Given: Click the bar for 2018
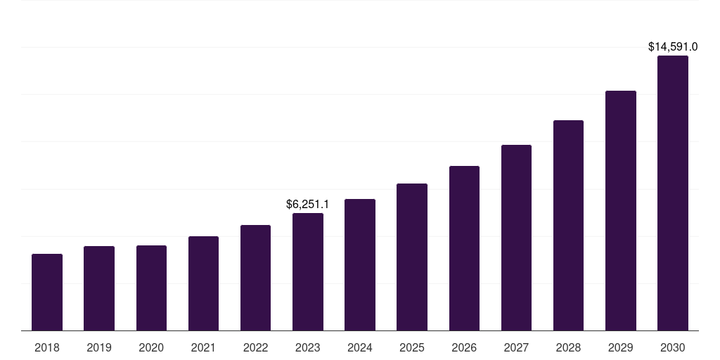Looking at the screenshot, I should (47, 292).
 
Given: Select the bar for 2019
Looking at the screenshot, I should (99, 288).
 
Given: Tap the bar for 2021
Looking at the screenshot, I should (203, 283).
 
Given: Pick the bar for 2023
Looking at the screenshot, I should (308, 272).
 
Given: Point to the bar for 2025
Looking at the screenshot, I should (412, 257).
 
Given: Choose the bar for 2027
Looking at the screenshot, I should (516, 238).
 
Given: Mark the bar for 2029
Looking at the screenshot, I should (621, 211).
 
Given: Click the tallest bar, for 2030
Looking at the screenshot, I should (673, 193).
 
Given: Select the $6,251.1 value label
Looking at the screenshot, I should (307, 205).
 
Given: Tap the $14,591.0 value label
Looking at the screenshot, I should (673, 47).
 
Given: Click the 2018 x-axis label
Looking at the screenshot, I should (47, 347).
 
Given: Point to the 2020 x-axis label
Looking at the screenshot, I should (151, 347).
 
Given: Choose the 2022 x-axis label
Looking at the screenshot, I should (256, 347).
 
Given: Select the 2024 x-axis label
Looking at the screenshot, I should (360, 347).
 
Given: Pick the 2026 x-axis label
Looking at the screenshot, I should (464, 347).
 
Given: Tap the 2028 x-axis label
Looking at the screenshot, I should (568, 347).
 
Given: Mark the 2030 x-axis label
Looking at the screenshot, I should (673, 347).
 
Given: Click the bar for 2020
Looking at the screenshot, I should (151, 288).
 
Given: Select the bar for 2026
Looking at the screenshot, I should (464, 248).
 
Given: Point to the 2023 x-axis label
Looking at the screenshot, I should (308, 347).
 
